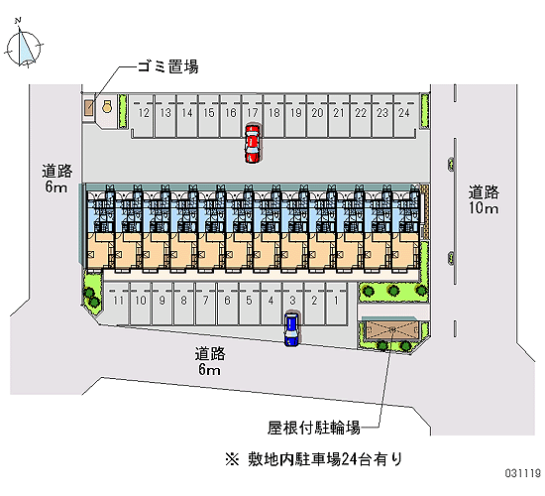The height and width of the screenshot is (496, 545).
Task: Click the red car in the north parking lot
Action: click(x=253, y=143)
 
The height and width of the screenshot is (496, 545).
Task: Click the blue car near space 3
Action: click(x=291, y=329)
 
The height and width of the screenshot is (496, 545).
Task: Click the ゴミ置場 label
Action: click(x=167, y=66)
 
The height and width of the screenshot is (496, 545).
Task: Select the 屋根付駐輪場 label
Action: click(x=314, y=428)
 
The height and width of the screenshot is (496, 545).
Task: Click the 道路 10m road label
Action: click(x=484, y=200)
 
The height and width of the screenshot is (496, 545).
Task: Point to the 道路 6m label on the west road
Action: click(x=56, y=179)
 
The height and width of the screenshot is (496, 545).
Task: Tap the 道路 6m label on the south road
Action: click(x=210, y=361)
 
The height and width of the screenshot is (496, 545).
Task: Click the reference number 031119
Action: click(x=523, y=473)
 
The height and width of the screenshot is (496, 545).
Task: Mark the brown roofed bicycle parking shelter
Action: click(x=391, y=330)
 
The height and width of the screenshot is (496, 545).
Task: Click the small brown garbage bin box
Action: click(x=89, y=107)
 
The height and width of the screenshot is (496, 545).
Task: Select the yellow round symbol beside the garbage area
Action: click(x=107, y=106)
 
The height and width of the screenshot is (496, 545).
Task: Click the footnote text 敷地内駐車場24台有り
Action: click(x=325, y=459)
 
